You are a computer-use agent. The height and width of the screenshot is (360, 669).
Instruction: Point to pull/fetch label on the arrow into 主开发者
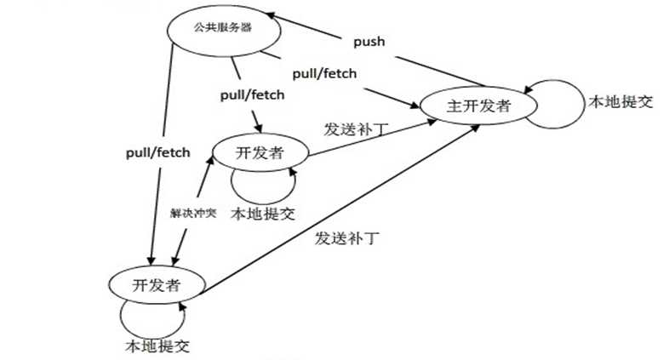(323, 73)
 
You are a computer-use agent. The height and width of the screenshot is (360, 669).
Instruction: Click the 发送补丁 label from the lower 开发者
(345, 237)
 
